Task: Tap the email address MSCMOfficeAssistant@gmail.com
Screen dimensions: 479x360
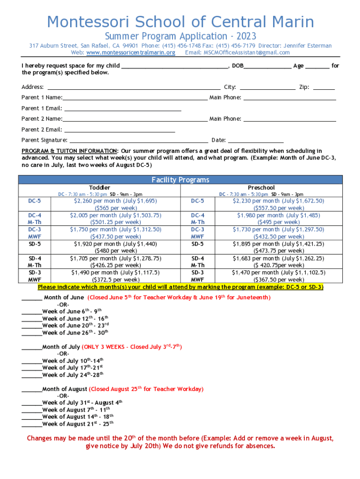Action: [246, 52]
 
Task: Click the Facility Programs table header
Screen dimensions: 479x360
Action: [180, 180]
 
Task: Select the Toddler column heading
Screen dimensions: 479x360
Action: [100, 188]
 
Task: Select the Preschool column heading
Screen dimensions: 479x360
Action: [261, 188]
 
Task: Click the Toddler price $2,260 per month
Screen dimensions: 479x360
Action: [115, 201]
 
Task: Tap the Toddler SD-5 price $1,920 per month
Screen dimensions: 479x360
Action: [115, 244]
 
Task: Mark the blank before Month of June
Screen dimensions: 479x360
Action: [31, 298]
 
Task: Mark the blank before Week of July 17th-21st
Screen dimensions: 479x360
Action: [31, 369]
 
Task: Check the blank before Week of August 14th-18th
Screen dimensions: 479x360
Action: [31, 417]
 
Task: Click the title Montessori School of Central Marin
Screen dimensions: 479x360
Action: [180, 22]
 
